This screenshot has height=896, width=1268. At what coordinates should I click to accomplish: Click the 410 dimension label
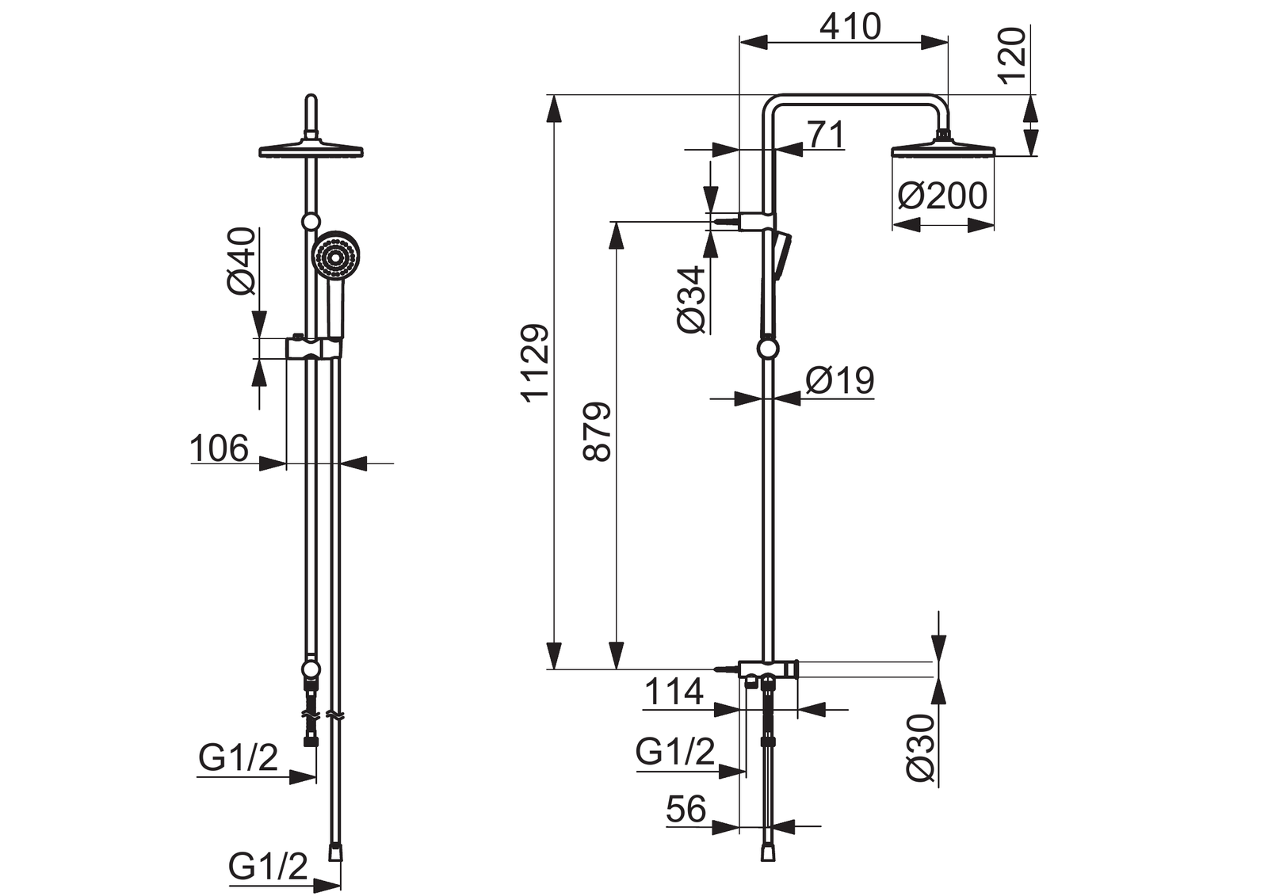850,27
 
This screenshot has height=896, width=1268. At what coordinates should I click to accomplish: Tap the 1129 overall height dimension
536,363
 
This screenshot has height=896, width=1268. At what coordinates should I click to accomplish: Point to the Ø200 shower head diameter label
942,196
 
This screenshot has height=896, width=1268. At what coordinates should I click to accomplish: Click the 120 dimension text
1012,55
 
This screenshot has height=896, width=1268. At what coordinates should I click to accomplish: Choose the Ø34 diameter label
692,299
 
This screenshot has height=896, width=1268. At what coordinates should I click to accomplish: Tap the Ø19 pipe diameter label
840,379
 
